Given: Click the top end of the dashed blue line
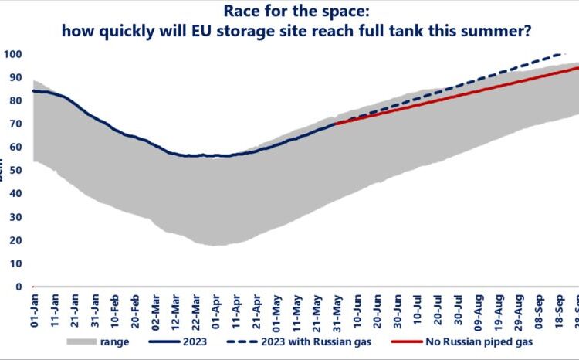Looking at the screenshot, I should [560, 55].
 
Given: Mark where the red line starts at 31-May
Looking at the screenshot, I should [336, 124].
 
